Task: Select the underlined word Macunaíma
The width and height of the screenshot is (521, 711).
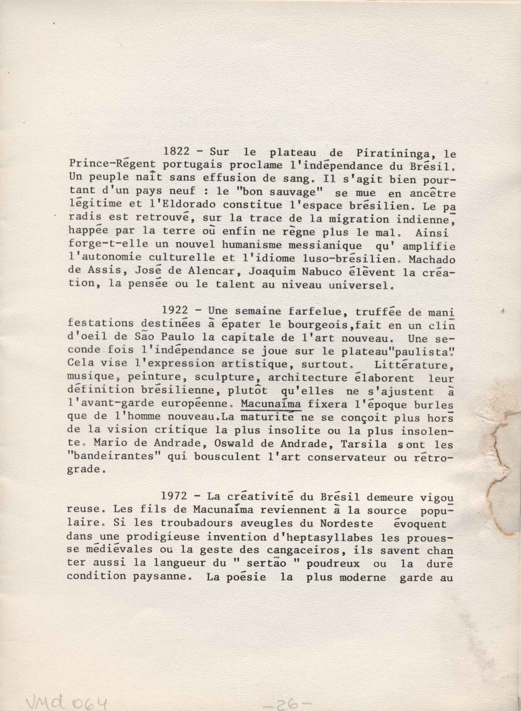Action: (x=271, y=404)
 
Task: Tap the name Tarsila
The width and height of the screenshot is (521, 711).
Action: (x=364, y=445)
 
